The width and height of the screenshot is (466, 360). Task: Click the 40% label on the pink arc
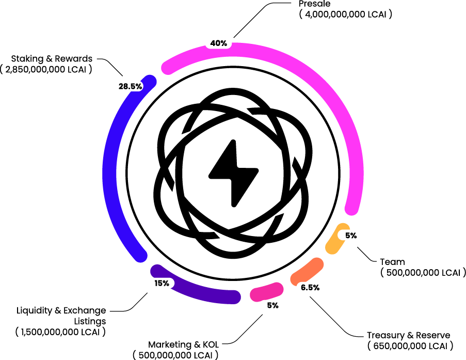[x=219, y=43]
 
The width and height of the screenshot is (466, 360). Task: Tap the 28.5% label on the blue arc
[x=130, y=87]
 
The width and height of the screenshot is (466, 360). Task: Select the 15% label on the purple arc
[x=162, y=284]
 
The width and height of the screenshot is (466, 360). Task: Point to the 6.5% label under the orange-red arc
[x=310, y=288]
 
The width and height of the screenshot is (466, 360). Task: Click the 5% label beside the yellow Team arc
[x=351, y=236]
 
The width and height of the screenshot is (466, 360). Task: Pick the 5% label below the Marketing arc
[x=272, y=306]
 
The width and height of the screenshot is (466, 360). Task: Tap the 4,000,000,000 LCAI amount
[x=345, y=15]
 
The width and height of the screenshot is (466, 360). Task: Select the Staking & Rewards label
[x=52, y=59]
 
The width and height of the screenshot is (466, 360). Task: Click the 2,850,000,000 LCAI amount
[x=46, y=70]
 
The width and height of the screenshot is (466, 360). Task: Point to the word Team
[x=392, y=262]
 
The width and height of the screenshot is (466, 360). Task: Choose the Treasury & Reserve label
[x=408, y=335]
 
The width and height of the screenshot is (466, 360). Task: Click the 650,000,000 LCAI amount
[x=410, y=346]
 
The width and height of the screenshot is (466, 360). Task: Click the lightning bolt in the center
[x=233, y=171]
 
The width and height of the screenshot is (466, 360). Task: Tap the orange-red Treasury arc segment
[x=308, y=271]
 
